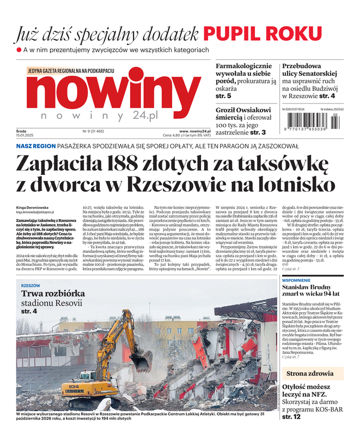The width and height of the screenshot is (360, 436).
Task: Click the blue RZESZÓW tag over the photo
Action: [31, 285]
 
